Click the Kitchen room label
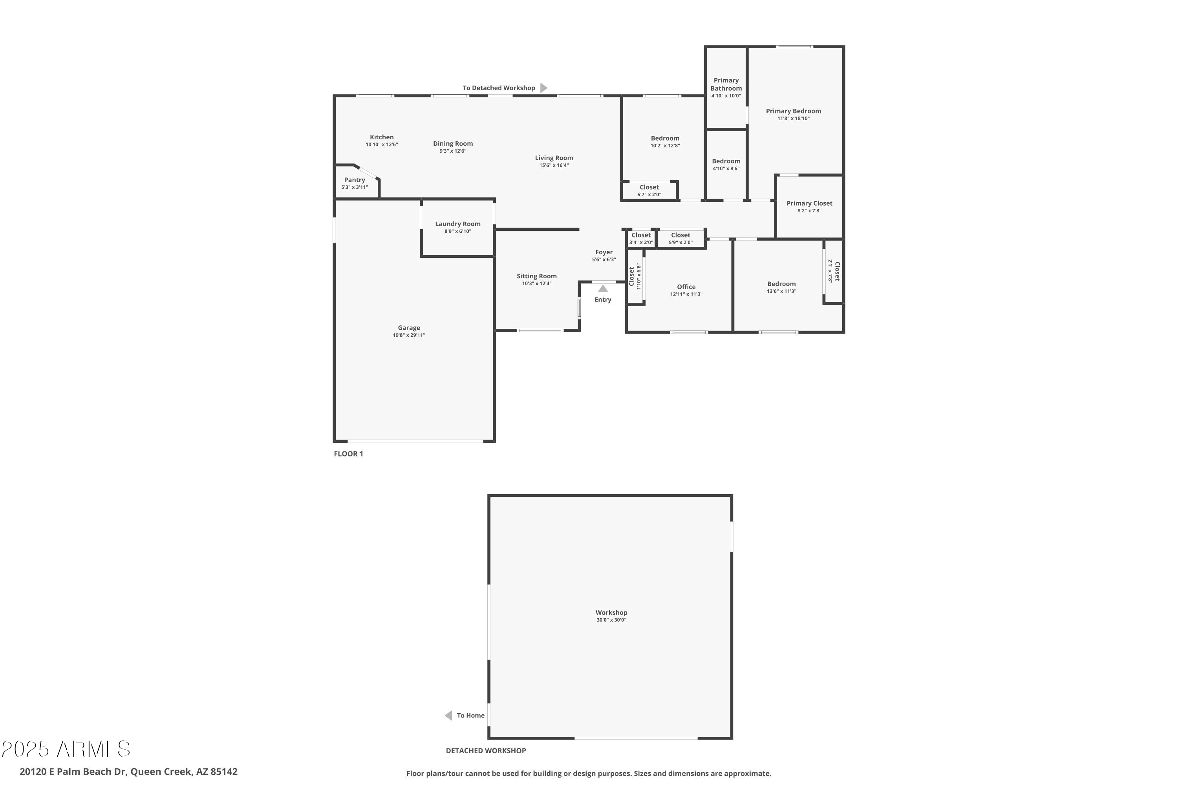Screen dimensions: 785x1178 click(x=382, y=137)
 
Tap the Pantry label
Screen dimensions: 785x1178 click(x=355, y=180)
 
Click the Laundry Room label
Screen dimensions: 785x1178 click(x=458, y=224)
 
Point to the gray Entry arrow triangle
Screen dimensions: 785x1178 click(x=603, y=289)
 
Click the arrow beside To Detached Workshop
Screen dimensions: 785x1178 click(x=544, y=88)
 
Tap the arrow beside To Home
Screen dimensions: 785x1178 click(x=449, y=716)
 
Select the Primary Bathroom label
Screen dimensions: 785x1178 click(x=726, y=84)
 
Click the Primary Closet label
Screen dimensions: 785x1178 click(x=809, y=203)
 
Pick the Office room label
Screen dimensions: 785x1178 click(x=686, y=287)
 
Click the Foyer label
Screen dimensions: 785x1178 click(x=604, y=252)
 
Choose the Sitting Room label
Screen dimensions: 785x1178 click(x=537, y=276)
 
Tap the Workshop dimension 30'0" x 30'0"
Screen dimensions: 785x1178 click(x=611, y=620)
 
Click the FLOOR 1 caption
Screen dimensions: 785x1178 click(x=349, y=454)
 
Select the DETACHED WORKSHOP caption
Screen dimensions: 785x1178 click(x=486, y=750)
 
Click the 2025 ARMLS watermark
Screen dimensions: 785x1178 click(x=66, y=749)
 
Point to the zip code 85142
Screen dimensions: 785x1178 click(x=224, y=772)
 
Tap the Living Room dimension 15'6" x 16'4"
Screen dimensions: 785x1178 click(x=554, y=165)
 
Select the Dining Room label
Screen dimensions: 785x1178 click(x=453, y=144)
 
